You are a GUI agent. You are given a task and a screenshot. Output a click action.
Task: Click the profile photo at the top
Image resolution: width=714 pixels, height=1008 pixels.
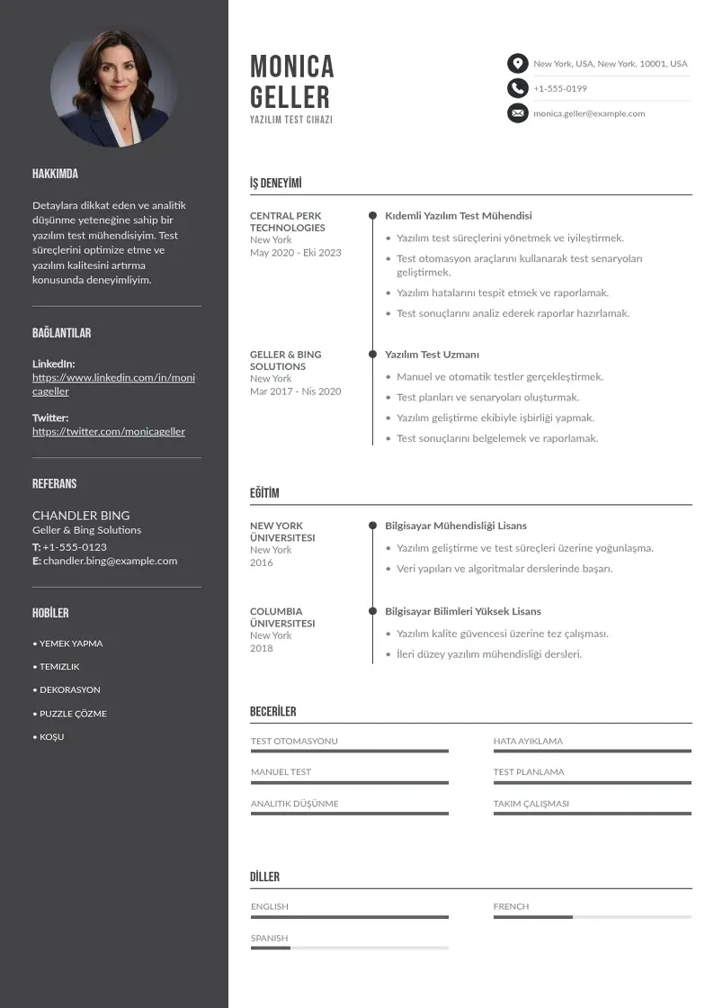click(x=113, y=88)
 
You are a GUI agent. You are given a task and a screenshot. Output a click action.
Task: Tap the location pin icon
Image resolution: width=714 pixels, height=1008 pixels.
click(x=517, y=64)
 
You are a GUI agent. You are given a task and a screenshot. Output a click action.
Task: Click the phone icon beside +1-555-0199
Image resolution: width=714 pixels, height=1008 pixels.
click(x=517, y=88)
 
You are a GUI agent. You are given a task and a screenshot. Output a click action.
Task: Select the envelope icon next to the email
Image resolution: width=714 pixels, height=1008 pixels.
click(x=517, y=113)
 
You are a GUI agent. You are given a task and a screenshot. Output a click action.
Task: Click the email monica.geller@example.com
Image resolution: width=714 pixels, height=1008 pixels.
click(x=589, y=113)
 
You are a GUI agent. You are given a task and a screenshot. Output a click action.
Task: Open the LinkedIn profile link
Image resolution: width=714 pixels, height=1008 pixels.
click(x=113, y=384)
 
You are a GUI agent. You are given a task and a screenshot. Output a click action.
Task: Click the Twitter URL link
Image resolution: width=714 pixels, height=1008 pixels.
click(x=109, y=431)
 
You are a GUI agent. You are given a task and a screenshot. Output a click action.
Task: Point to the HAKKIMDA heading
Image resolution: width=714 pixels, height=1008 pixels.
click(x=55, y=174)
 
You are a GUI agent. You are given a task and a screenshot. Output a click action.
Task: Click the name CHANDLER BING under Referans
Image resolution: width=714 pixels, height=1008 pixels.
click(x=81, y=516)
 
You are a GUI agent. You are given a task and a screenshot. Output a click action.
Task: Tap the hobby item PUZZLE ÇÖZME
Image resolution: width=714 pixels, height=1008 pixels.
click(x=73, y=714)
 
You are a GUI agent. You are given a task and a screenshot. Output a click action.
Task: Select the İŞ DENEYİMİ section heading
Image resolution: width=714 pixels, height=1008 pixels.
click(x=276, y=184)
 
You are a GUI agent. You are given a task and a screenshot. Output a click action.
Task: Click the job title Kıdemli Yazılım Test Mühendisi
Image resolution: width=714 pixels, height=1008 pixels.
click(x=459, y=216)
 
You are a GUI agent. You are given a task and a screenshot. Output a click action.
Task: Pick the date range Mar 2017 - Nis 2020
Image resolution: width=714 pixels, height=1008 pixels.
click(x=295, y=391)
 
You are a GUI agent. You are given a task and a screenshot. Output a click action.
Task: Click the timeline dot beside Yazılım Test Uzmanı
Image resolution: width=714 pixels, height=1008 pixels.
click(x=372, y=355)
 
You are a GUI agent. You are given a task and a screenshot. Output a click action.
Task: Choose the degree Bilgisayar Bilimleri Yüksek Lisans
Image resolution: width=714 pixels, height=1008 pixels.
click(x=463, y=612)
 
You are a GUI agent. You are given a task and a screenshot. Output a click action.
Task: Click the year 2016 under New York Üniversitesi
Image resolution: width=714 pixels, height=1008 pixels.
click(x=261, y=562)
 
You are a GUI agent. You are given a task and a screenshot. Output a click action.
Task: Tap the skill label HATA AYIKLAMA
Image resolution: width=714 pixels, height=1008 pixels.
click(x=528, y=742)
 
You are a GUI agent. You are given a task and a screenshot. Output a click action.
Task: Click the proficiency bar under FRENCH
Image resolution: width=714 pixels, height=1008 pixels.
click(x=592, y=917)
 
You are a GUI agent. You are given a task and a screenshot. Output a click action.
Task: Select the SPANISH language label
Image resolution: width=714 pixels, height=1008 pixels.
click(x=269, y=938)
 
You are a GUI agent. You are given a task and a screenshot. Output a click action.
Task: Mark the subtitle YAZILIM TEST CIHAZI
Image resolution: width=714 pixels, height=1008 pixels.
click(x=291, y=120)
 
